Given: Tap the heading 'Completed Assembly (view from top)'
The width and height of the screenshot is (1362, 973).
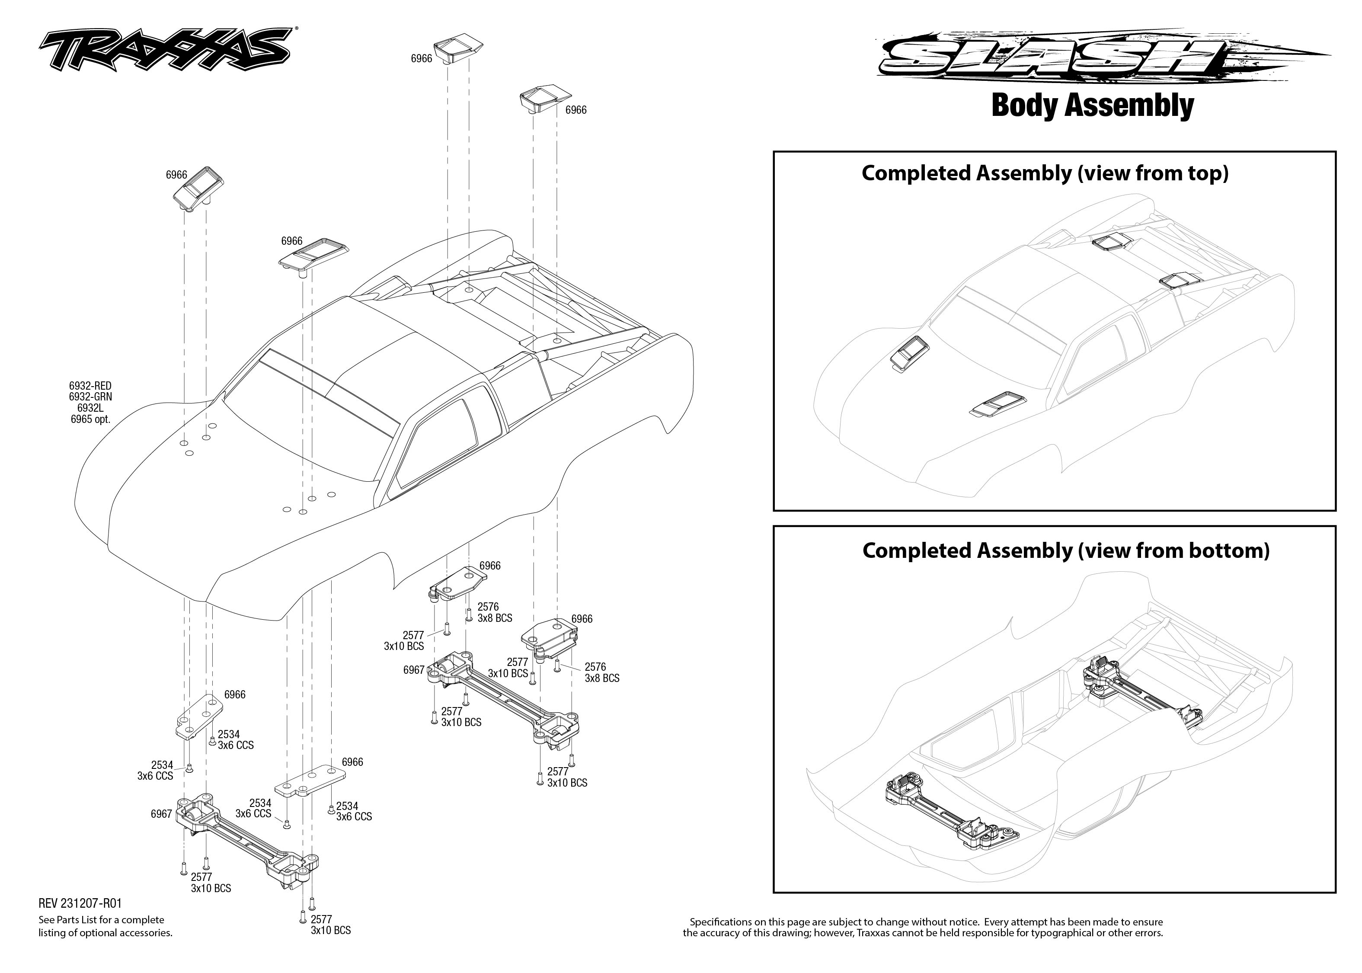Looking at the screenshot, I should tap(1045, 173).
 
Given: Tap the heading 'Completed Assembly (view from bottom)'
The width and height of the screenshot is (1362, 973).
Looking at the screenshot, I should tap(1065, 550).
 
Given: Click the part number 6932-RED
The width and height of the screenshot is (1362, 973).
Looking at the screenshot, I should tap(90, 386).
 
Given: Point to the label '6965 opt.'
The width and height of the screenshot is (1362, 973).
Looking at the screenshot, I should tap(90, 419).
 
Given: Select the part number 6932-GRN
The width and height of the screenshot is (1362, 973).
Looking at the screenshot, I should tap(90, 397).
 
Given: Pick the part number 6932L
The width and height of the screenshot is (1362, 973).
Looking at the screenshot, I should tap(90, 408).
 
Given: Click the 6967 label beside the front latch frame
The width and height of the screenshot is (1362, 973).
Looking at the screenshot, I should tap(161, 814).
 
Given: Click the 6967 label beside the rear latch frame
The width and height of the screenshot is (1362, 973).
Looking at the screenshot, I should tap(413, 670).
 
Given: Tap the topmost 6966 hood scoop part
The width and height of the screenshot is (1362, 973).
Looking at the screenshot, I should tap(458, 48).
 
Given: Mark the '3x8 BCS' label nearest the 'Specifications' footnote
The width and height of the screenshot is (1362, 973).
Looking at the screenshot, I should tap(601, 678).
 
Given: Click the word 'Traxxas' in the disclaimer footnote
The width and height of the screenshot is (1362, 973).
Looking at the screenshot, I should tap(876, 933).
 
